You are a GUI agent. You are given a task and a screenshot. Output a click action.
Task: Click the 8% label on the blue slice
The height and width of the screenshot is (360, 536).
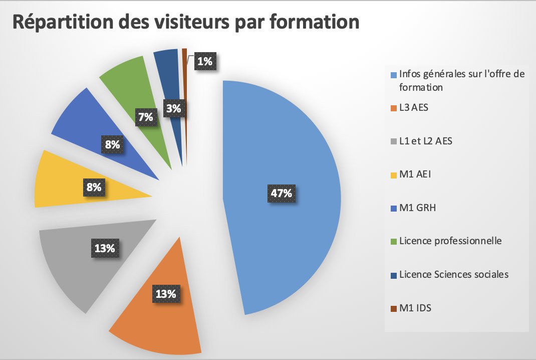click(112, 145)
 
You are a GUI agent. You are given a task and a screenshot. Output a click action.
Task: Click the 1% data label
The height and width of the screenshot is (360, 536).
click(205, 62)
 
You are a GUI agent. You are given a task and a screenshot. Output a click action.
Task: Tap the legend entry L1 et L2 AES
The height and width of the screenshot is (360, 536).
click(425, 141)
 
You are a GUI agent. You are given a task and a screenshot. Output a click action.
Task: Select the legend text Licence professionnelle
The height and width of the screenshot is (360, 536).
click(450, 241)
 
